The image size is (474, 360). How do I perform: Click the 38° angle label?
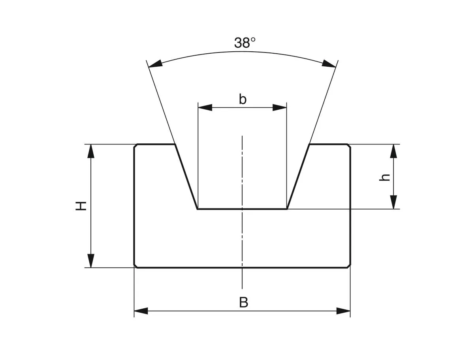tap(245, 43)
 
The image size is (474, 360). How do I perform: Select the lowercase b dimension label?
tap(243, 99)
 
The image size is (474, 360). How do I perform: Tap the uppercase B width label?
tap(244, 303)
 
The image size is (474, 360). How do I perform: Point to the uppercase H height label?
tap(81, 206)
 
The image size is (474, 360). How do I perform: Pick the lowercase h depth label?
tap(384, 177)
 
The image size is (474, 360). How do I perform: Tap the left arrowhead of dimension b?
tap(205, 107)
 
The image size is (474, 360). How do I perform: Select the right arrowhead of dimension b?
tap(280, 107)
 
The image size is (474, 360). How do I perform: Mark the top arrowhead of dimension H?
tap(91, 151)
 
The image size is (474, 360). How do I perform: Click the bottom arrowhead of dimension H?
tap(91, 261)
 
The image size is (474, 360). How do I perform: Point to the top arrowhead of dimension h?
tap(393, 151)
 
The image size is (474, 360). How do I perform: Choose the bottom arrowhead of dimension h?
tap(393, 202)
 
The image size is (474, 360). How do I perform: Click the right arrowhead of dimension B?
tap(343, 311)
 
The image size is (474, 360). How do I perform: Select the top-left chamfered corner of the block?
tap(135, 146)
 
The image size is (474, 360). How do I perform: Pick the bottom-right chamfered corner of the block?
tap(349, 266)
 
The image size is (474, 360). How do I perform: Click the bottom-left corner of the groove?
tap(197, 209)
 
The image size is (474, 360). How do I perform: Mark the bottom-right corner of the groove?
tap(287, 209)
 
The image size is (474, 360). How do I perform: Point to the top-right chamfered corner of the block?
tap(349, 146)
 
